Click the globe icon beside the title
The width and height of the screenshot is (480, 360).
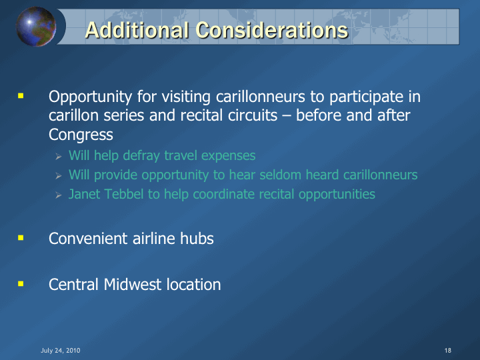click(36, 27)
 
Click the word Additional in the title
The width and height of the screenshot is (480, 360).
click(137, 30)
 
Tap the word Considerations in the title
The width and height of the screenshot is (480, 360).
click(272, 30)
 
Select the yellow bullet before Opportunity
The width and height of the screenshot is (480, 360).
click(21, 96)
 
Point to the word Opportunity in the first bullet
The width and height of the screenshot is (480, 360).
click(90, 97)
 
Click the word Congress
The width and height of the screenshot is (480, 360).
click(81, 135)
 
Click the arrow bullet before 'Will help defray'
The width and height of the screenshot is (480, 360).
click(59, 157)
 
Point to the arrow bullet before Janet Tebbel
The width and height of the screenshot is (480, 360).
click(59, 195)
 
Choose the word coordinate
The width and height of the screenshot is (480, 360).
click(224, 194)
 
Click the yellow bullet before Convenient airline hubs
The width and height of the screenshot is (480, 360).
click(21, 238)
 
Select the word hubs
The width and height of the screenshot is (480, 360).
click(197, 239)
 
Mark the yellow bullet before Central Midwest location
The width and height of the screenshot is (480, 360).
click(21, 284)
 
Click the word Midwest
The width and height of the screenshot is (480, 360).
click(133, 285)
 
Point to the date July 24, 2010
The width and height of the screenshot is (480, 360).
click(60, 351)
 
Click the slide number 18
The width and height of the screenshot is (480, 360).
click(448, 351)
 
